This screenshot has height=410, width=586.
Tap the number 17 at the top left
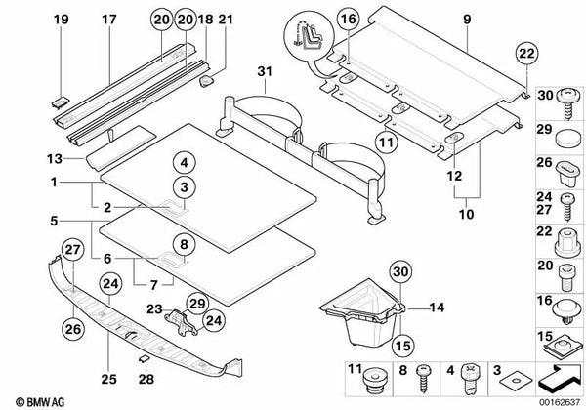coord(108,17)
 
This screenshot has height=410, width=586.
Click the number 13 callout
coord(54,158)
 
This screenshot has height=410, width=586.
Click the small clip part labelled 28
coord(144,359)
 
